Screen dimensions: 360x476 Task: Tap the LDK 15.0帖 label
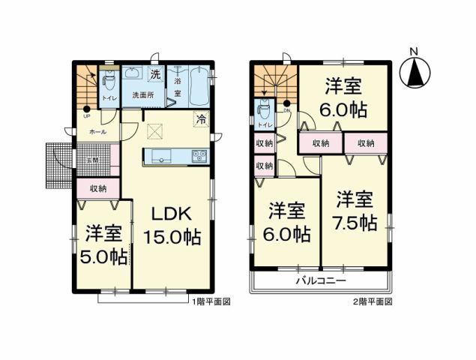[x=171, y=224]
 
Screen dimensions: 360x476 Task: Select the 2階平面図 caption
[x=373, y=301]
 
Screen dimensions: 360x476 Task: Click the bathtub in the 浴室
[x=199, y=85]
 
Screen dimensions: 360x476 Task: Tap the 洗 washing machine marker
[x=155, y=75]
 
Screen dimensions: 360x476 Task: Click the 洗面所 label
[x=143, y=95]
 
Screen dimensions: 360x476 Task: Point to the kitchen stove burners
[x=199, y=156]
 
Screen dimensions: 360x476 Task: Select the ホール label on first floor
[x=97, y=131]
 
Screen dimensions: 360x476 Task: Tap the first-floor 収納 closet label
[x=98, y=189]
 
